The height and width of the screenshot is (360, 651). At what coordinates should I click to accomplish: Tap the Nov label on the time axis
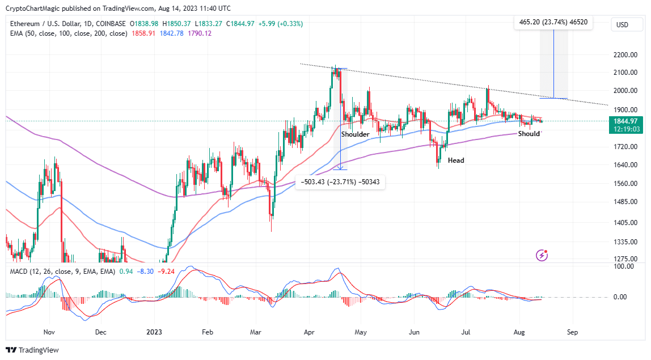click(x=49, y=333)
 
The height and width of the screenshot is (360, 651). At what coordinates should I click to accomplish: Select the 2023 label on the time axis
click(x=155, y=333)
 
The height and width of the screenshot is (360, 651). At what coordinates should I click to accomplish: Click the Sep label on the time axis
click(x=572, y=333)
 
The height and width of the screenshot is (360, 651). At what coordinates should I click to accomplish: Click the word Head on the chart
click(x=456, y=160)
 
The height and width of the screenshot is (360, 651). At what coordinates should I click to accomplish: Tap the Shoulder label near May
click(x=355, y=134)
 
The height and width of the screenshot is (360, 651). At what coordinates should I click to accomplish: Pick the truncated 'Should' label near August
click(x=529, y=134)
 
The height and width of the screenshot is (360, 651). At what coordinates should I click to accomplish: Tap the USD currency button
click(x=622, y=25)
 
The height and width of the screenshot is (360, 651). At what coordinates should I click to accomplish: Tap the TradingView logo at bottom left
click(x=32, y=350)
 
